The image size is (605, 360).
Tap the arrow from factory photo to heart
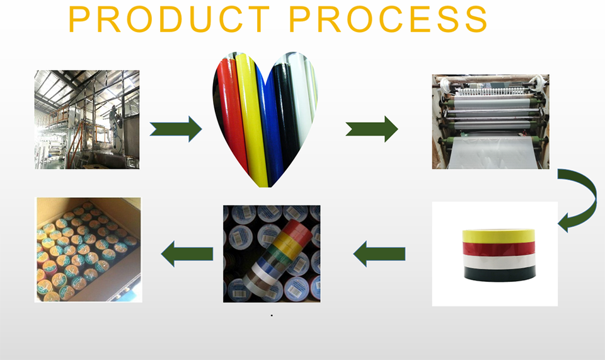pyautogui.click(x=176, y=129)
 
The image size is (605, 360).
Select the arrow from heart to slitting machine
pyautogui.click(x=372, y=129)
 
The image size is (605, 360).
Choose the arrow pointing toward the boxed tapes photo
pyautogui.click(x=187, y=253)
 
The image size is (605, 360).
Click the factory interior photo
pyautogui.click(x=87, y=119)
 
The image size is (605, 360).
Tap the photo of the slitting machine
pyautogui.click(x=490, y=121)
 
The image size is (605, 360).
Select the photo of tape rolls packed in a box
pyautogui.click(x=88, y=249)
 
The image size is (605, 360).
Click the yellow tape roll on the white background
pyautogui.click(x=498, y=235)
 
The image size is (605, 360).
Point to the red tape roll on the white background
pyautogui.click(x=498, y=247)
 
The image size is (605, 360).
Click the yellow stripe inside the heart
pyautogui.click(x=248, y=113)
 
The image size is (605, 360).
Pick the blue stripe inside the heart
pyautogui.click(x=267, y=126)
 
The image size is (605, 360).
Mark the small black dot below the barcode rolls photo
pyautogui.click(x=272, y=315)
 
